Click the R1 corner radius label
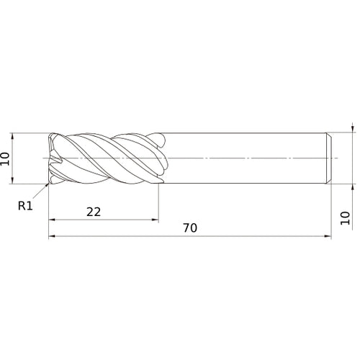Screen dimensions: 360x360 coord(26,205)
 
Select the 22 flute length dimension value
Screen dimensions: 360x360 coord(93,211)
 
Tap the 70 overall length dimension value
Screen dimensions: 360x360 coord(189,228)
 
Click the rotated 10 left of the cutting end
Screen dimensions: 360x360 coord(7,158)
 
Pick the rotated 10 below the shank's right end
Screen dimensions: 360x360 coord(345,217)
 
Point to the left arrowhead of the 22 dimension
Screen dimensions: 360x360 coord(51,220)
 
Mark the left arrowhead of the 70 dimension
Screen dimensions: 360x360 coord(51,236)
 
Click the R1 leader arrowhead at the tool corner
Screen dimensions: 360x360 coord(48,185)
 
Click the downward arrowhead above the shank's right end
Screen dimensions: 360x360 coord(352,130)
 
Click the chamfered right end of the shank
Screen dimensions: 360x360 coord(329,157)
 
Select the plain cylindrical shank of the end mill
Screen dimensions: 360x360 coord(245,157)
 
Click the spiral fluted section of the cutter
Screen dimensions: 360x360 coord(108,157)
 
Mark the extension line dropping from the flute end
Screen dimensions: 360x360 coord(158,205)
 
